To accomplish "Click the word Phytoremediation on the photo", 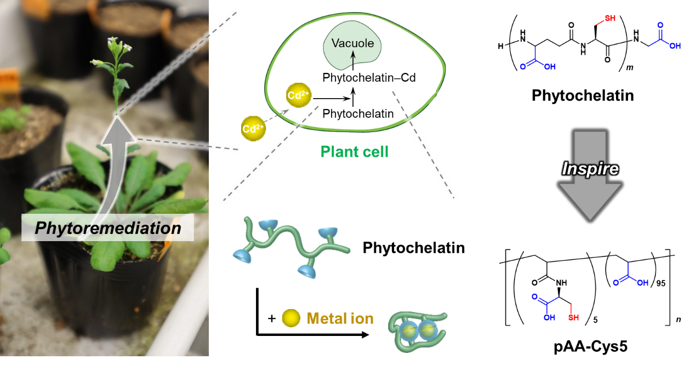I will (107, 227).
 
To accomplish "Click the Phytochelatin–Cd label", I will (369, 78).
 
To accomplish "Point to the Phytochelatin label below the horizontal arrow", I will (358, 114).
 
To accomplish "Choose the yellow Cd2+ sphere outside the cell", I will (253, 129).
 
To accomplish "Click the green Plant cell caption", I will (354, 152).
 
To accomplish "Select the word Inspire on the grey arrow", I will (590, 168).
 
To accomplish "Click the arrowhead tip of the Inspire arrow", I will (590, 218).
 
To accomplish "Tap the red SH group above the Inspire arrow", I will (609, 19).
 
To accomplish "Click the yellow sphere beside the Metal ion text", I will (291, 318).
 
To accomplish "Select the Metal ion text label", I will (340, 318).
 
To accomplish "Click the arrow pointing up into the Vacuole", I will (354, 60).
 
